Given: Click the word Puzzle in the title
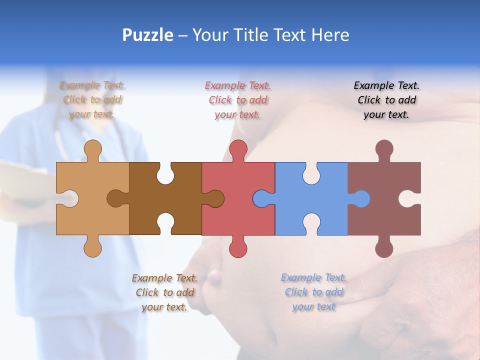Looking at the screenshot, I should (148, 35).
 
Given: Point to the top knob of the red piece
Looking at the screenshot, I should (238, 149).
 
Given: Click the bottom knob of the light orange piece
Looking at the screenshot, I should (92, 247).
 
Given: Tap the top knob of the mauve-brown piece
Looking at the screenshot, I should (384, 149).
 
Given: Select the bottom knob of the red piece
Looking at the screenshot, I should (238, 248).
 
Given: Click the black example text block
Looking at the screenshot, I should (386, 100).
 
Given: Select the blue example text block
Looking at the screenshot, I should (313, 292).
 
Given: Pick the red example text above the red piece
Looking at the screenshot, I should (238, 100).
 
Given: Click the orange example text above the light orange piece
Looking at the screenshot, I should (92, 100).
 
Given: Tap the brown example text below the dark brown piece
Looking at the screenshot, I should (164, 292).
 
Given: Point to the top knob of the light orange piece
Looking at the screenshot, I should (92, 149).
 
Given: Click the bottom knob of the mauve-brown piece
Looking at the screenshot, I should (384, 248).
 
